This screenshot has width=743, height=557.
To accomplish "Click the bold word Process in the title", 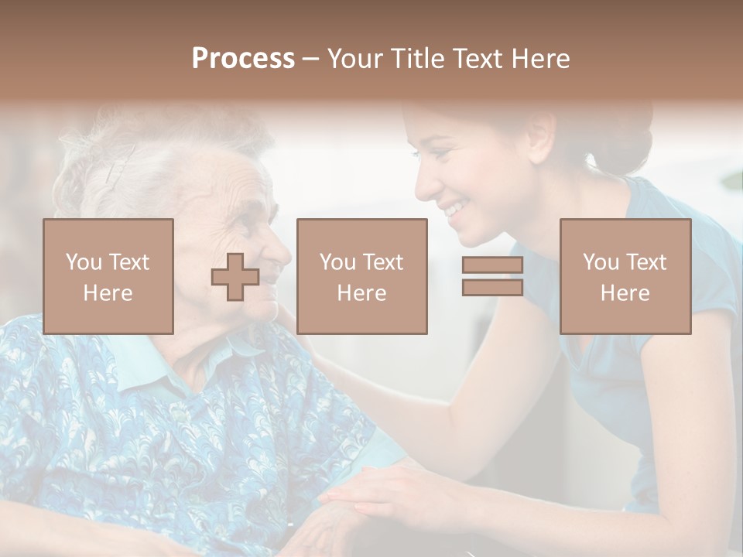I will tap(243, 59).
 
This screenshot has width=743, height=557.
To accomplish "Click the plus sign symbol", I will tap(235, 277).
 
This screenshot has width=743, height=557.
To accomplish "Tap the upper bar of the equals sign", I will tap(492, 265).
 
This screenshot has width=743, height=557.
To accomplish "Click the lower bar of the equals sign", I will tap(492, 287).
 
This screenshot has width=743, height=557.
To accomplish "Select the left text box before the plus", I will tap(108, 276).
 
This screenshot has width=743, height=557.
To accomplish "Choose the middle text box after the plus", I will tap(361, 276).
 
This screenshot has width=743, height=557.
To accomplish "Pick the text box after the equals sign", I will tap(625, 276).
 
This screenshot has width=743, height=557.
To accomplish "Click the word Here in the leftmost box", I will tap(108, 293).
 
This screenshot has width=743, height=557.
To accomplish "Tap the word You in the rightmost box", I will tap(601, 262).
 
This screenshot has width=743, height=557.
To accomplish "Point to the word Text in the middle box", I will tap(383, 262).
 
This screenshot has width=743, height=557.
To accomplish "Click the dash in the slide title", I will tap(311, 59).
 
